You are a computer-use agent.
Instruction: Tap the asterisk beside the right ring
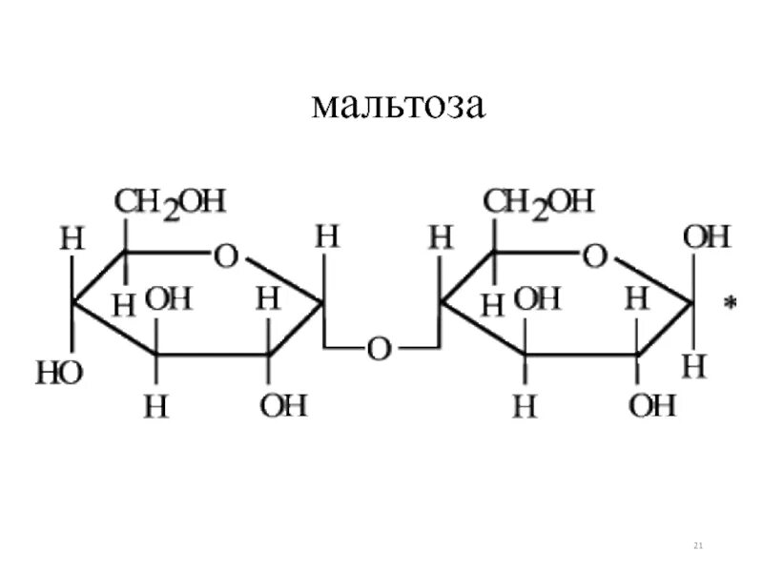[731, 304]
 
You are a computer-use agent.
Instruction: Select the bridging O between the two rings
[380, 349]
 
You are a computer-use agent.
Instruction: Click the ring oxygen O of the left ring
[226, 255]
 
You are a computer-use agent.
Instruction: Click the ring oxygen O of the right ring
[595, 255]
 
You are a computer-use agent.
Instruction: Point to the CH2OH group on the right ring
[538, 202]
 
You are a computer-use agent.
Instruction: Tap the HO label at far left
[59, 372]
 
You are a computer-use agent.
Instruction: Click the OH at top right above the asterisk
[707, 237]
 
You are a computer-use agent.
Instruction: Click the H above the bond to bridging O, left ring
[327, 237]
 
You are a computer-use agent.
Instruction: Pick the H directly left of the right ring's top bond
[440, 237]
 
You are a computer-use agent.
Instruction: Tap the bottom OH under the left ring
[283, 406]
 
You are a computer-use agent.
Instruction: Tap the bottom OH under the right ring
[652, 406]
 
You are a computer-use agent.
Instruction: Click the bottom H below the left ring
[155, 407]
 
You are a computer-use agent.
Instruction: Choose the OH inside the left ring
[169, 301]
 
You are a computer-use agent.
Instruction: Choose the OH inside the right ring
[537, 301]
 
